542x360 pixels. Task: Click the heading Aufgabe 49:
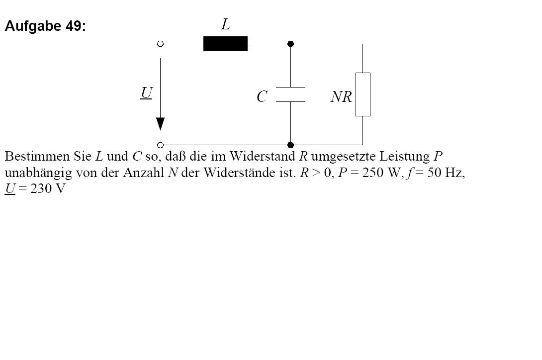45,26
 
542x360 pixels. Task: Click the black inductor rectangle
225,44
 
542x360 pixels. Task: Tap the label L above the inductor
225,24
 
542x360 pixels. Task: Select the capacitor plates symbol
291,94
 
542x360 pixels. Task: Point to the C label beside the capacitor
262,96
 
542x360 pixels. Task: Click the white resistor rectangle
363,94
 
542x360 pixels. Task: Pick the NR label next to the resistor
341,97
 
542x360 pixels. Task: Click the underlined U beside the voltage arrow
147,92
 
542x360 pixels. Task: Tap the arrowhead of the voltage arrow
161,124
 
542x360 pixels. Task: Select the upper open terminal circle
161,44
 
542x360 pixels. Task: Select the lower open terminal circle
161,145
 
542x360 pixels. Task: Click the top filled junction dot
291,44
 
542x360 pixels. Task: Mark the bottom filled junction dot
291,145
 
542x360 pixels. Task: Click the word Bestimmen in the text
37,156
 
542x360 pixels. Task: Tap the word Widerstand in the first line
263,156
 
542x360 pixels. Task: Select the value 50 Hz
445,173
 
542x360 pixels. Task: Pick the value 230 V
48,189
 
